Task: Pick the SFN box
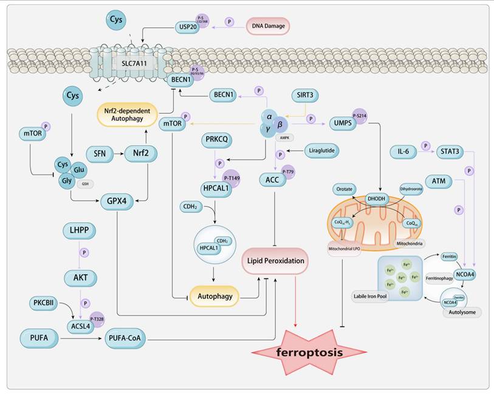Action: click(x=100, y=154)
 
